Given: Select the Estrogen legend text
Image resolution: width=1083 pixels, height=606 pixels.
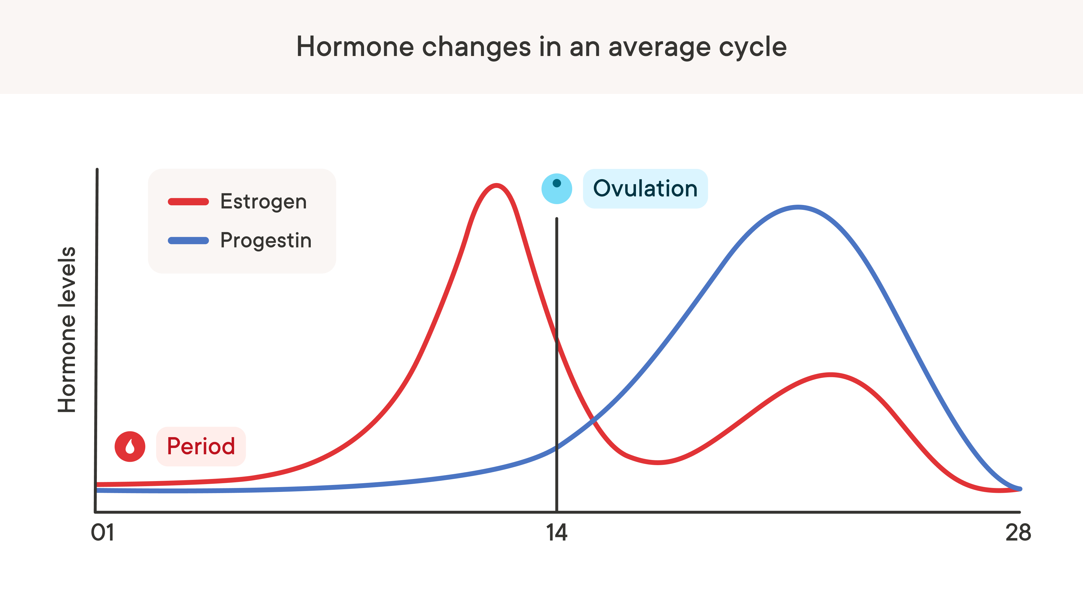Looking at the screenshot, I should click(x=263, y=202).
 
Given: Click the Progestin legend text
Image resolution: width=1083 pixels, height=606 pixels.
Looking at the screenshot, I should click(x=266, y=240).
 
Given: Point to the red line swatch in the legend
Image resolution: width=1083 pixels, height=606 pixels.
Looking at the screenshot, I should click(x=188, y=202).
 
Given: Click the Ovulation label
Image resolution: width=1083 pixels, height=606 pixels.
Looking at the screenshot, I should click(x=645, y=188).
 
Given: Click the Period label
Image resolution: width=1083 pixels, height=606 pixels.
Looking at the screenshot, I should click(x=201, y=446).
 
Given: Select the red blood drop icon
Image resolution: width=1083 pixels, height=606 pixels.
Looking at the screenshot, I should click(x=130, y=446).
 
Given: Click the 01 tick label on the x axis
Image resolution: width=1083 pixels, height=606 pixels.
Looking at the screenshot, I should click(x=103, y=533).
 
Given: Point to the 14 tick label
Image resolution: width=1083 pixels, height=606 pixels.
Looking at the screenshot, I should click(x=557, y=533).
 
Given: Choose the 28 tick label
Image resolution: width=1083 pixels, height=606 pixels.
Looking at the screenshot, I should click(x=1018, y=533).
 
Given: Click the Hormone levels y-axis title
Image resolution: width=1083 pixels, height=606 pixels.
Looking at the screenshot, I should click(x=67, y=330).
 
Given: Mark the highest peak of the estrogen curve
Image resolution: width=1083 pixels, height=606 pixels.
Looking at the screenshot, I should click(x=496, y=185).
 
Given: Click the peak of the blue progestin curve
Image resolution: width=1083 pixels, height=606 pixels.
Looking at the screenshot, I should click(x=798, y=207).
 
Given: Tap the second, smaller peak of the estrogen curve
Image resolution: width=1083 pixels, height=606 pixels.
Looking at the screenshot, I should click(x=831, y=374).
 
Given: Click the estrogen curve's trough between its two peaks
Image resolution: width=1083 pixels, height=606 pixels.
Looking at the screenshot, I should click(x=658, y=462).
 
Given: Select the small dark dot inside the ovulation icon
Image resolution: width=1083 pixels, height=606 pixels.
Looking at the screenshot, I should click(x=557, y=183).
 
